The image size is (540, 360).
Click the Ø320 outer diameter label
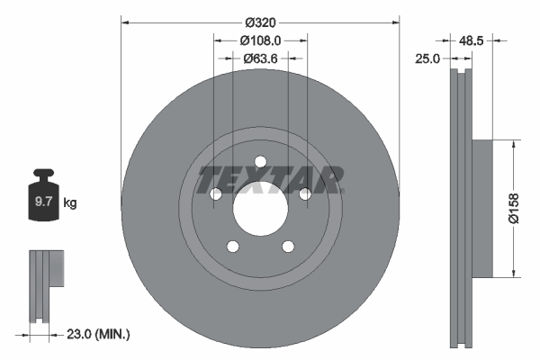260,22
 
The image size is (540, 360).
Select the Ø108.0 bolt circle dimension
261,40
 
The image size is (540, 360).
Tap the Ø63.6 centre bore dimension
261,59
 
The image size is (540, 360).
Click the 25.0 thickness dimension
428,58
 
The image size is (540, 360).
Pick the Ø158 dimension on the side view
513,208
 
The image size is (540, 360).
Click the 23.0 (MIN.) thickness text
98,334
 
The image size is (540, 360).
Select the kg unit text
70,203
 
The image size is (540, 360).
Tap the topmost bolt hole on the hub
260,163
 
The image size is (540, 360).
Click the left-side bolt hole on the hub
216,194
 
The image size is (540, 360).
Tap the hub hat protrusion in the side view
481,209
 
